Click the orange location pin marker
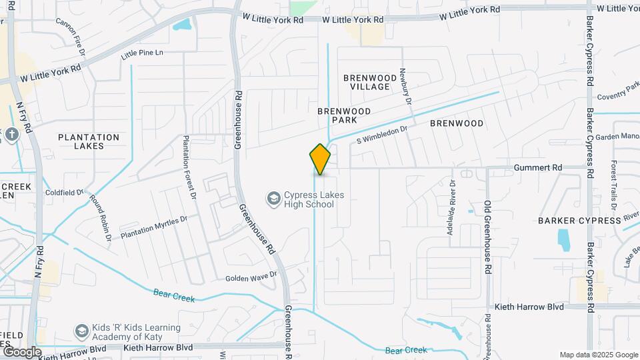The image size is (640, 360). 320,159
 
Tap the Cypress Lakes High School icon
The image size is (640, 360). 273,198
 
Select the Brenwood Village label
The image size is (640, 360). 366,83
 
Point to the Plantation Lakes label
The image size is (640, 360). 89,141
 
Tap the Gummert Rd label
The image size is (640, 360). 538,167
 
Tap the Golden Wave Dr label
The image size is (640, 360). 251,277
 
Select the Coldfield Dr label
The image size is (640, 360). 64,193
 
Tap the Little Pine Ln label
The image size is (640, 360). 142,52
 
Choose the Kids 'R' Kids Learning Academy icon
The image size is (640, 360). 81,331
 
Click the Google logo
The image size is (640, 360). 21,352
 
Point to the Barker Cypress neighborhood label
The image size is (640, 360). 571,220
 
